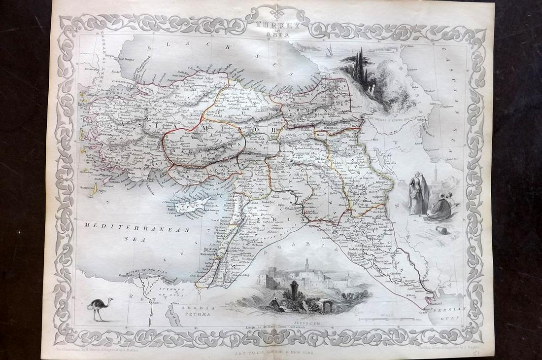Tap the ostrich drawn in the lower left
tap(101, 308)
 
